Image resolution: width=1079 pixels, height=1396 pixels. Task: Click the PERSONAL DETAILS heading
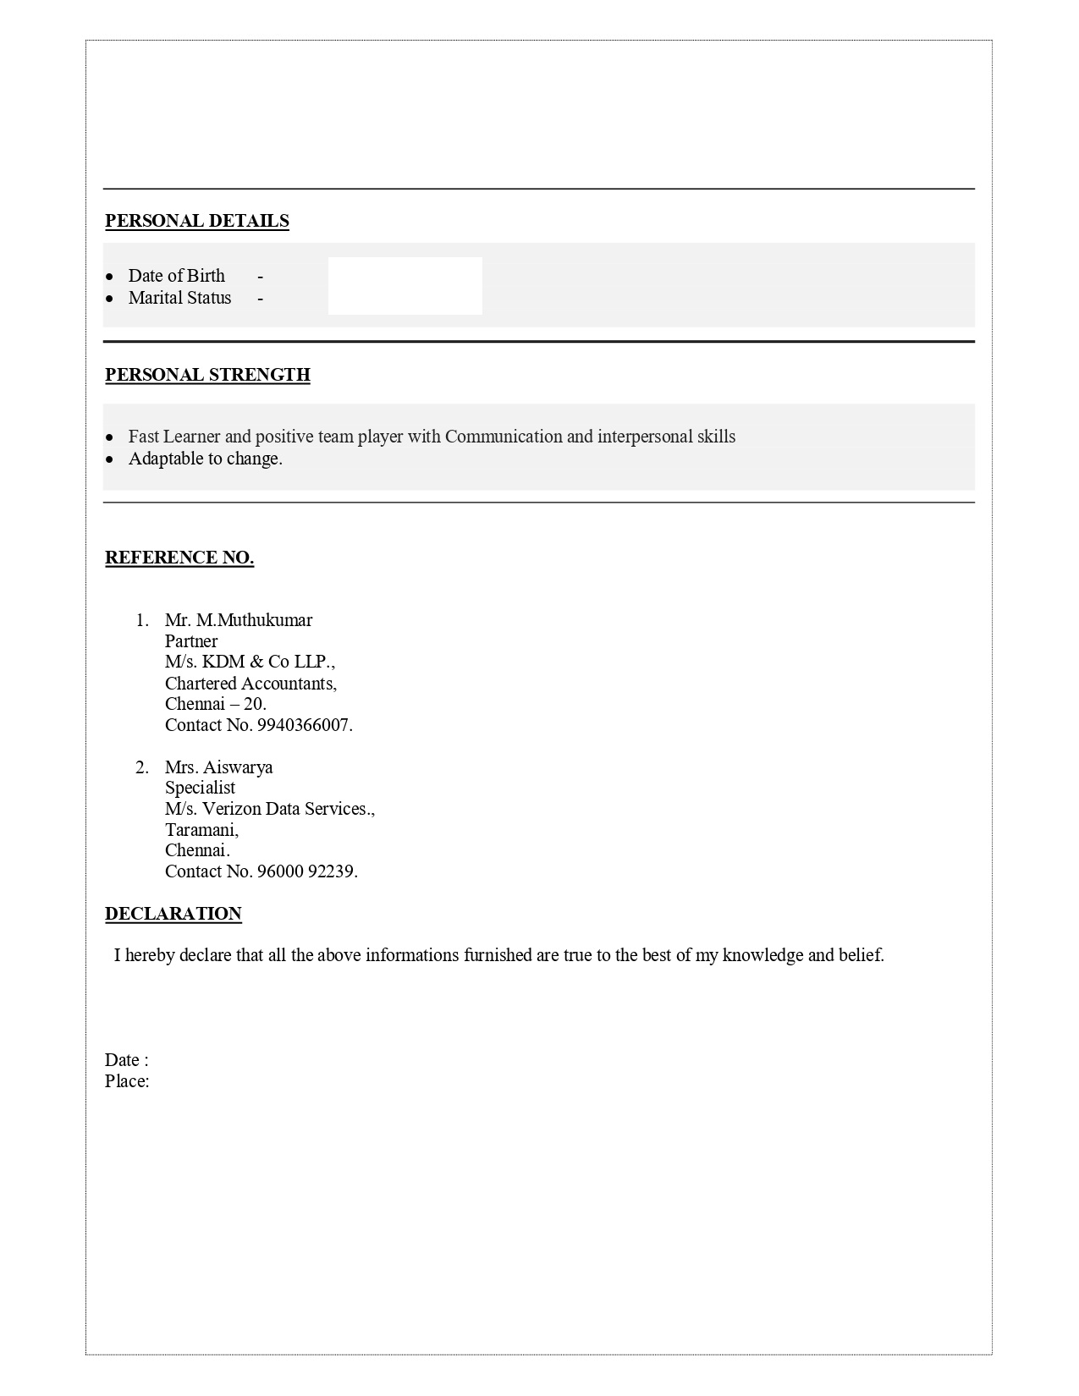point(197,221)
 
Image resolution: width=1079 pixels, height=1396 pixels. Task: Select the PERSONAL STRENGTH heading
point(207,375)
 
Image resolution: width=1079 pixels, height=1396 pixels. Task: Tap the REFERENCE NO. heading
point(179,558)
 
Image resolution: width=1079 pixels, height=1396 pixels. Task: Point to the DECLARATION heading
point(173,914)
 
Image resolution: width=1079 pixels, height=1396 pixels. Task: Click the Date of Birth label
point(176,276)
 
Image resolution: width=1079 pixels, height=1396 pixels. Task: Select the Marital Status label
point(179,298)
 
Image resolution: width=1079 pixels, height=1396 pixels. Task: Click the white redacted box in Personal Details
point(405,286)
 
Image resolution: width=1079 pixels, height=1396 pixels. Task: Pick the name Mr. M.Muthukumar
point(239,620)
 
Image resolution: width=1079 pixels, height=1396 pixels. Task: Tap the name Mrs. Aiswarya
point(218,767)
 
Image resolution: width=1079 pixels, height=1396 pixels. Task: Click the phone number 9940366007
point(303,725)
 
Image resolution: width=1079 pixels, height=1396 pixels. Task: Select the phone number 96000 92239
point(306,871)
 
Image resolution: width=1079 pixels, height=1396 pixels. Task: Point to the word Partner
point(191,641)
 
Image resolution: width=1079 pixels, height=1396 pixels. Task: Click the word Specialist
point(200,788)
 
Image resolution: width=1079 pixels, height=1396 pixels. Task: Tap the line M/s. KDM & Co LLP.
point(250,662)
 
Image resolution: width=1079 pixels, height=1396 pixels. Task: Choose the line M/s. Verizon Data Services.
point(269,809)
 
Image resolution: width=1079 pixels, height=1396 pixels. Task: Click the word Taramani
point(201,830)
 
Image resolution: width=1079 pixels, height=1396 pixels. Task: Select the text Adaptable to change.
point(205,459)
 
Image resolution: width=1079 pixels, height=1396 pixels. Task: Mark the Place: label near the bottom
point(127,1081)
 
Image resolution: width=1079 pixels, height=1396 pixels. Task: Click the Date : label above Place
point(127,1060)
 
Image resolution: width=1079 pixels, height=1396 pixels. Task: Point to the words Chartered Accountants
point(250,684)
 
